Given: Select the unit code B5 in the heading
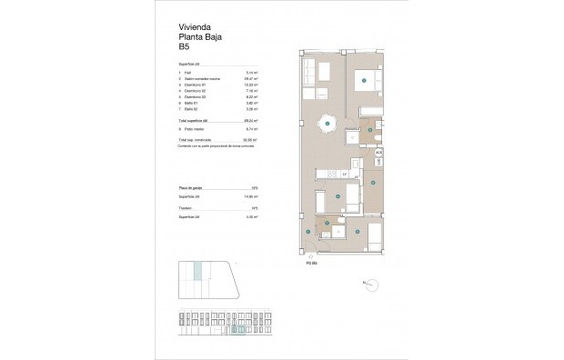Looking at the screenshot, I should coord(185,46).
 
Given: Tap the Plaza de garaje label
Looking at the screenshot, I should coord(194,186).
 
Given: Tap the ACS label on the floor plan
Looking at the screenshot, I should coord(378,153).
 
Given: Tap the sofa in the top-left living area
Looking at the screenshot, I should coord(308,70).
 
